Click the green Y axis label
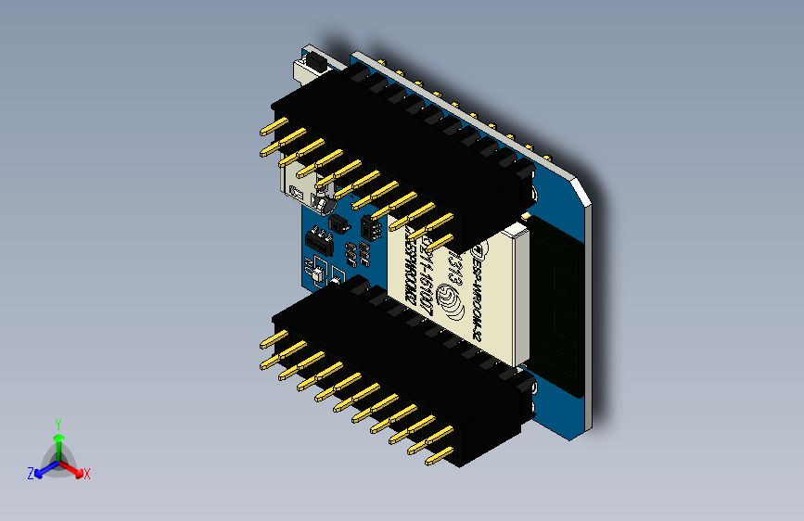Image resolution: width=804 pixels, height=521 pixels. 57,422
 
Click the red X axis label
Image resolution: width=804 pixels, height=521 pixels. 87,475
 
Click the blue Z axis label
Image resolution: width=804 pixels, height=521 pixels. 31,473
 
